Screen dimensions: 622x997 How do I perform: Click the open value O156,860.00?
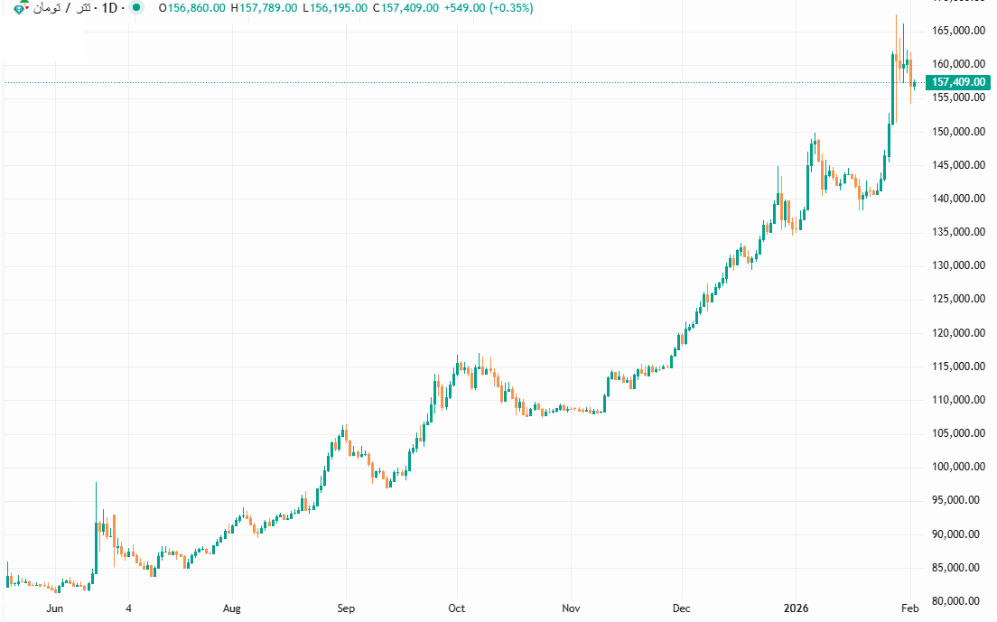pos(191,8)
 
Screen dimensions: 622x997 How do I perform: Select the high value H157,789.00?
pos(263,8)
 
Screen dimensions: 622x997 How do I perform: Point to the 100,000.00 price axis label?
pos(957,467)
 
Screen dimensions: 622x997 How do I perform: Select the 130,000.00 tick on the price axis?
pos(957,265)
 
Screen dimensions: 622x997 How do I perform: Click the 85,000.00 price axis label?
pos(957,568)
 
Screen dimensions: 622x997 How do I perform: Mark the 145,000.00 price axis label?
pos(957,165)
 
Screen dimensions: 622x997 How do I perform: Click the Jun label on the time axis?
pos(54,608)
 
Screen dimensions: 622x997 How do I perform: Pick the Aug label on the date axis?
pos(232,608)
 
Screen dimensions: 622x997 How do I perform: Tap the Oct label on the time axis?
pos(456,608)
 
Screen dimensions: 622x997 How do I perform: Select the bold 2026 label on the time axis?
pos(795,608)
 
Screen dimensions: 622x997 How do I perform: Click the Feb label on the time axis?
pos(910,608)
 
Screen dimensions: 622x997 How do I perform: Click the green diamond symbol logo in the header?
pos(21,9)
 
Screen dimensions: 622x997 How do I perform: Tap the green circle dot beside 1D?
pos(135,8)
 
